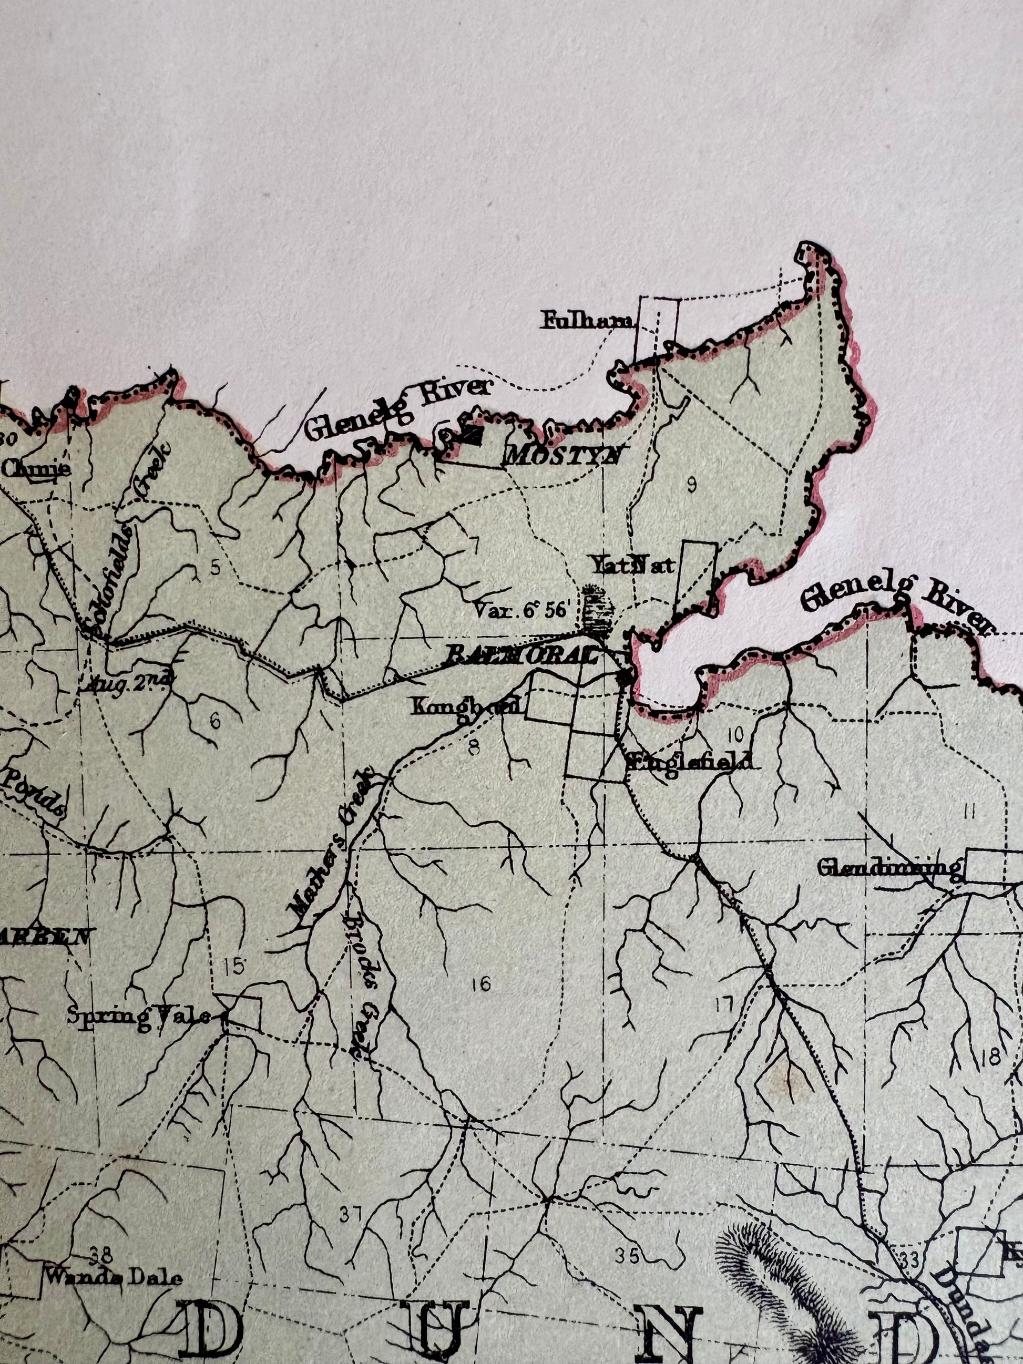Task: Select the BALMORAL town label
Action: pyautogui.click(x=521, y=655)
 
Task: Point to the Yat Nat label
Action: pyautogui.click(x=632, y=564)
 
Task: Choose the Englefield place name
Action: pyautogui.click(x=689, y=762)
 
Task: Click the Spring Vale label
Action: pyautogui.click(x=139, y=1015)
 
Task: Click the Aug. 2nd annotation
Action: pyautogui.click(x=129, y=683)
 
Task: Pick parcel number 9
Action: pyautogui.click(x=691, y=486)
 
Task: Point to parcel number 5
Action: pyautogui.click(x=214, y=567)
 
